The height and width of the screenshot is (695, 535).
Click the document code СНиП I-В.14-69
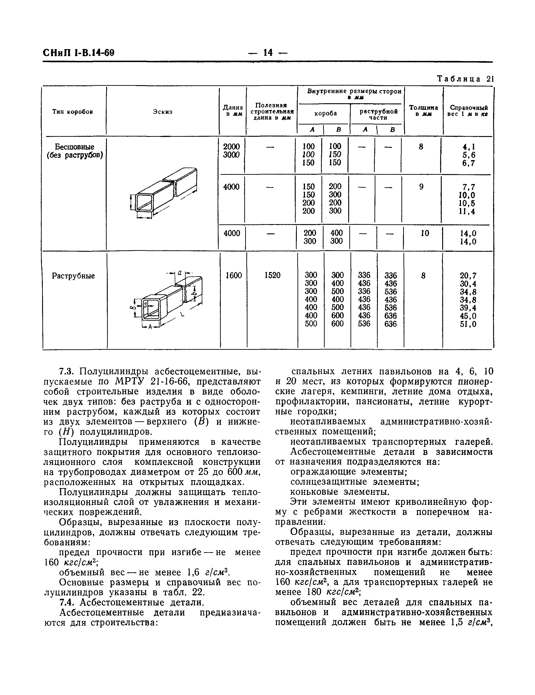pos(78,53)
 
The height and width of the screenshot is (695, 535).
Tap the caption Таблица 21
pos(464,79)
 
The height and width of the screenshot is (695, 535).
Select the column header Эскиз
pos(162,112)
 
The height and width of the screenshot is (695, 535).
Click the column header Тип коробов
pos(73,112)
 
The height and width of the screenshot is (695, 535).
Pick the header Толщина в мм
pos(423,111)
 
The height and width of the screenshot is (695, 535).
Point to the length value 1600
pos(233,276)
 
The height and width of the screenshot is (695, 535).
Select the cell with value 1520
pos(272,276)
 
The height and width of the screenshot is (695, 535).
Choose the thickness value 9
pos(421,187)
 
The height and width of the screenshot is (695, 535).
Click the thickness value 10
pos(425,233)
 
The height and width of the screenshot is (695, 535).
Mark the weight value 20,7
pos(468,276)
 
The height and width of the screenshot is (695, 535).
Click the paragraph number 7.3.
pos(67,372)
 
